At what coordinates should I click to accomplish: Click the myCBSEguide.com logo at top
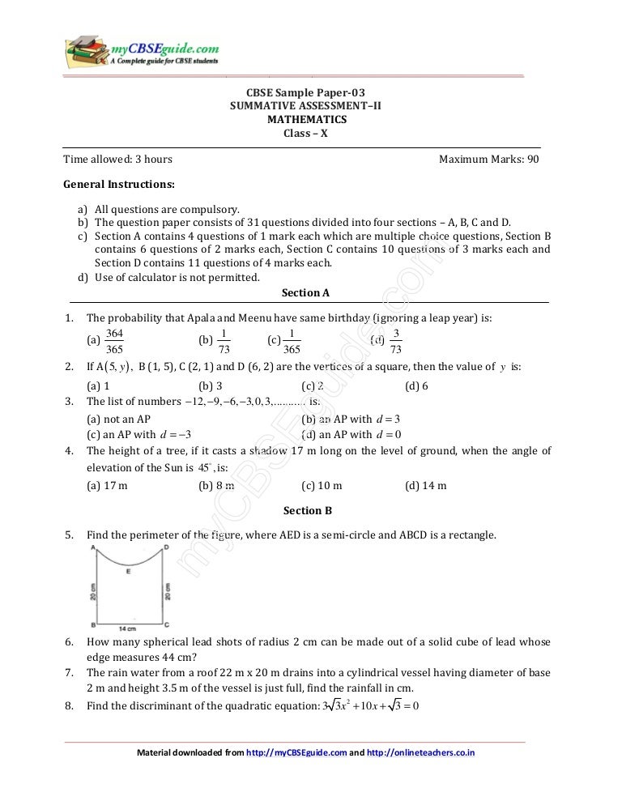(x=142, y=50)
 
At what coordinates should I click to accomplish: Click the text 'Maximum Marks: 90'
(x=488, y=160)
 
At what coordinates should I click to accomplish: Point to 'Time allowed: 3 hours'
(x=118, y=160)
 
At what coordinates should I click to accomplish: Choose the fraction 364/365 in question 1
(x=115, y=341)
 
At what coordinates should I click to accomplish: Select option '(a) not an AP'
(x=118, y=420)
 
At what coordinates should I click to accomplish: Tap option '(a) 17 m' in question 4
(x=107, y=486)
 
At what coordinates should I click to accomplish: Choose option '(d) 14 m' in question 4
(x=425, y=486)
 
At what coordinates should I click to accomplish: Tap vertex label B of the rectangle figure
(x=93, y=625)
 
